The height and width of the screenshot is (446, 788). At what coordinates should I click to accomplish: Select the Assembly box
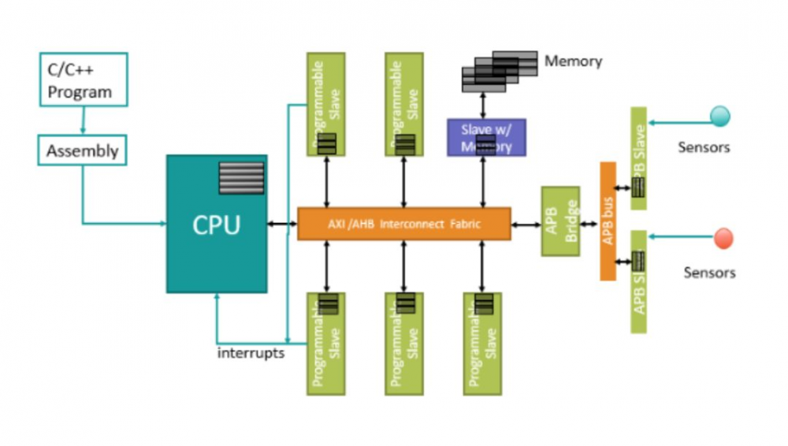click(x=82, y=150)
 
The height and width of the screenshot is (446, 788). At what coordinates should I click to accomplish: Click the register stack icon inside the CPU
click(x=241, y=177)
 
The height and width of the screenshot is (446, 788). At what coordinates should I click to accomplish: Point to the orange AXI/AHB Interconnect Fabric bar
click(x=403, y=224)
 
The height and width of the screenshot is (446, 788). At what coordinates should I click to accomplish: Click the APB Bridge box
click(x=560, y=221)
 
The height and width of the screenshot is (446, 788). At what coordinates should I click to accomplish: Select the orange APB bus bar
click(x=608, y=221)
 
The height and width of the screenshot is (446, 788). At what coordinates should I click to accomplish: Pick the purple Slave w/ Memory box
click(x=486, y=137)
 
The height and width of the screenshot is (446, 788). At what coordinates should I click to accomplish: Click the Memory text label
click(x=573, y=61)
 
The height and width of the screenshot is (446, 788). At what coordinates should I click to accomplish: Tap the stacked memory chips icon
click(x=499, y=70)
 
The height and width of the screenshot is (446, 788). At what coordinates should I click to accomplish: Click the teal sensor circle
click(x=719, y=117)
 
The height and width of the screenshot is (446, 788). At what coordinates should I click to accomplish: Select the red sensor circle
click(x=723, y=238)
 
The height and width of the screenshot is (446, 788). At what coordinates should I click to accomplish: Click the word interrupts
click(x=251, y=352)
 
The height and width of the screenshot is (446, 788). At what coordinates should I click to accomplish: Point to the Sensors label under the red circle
click(x=709, y=273)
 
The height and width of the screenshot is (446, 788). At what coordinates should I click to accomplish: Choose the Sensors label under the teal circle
click(x=704, y=147)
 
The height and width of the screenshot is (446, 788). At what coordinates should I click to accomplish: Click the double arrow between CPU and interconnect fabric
click(x=281, y=224)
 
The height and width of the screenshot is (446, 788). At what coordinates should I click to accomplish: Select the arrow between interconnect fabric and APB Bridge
click(x=526, y=225)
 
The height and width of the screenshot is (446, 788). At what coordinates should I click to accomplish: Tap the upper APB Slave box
click(x=638, y=158)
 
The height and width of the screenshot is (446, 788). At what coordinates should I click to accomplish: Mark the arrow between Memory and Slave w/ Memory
click(x=482, y=104)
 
